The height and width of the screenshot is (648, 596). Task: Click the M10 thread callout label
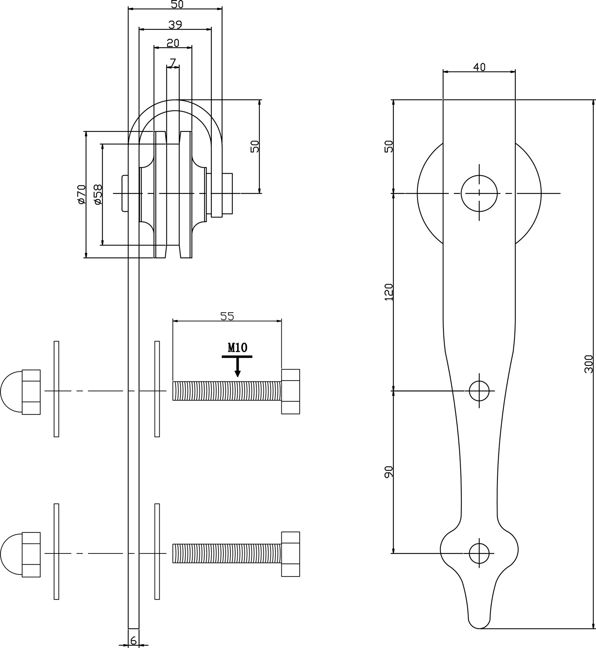coord(238,348)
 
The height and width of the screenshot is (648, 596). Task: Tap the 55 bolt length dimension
coord(227,316)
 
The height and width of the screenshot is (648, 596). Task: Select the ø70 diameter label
coord(81,194)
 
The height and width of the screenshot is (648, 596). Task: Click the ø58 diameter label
coord(97,194)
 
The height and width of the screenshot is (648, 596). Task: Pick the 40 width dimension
coord(479,67)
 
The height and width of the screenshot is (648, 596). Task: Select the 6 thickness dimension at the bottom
coord(134,640)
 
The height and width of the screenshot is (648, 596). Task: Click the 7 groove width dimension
coord(172,62)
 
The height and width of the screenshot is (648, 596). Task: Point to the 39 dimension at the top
coord(175,25)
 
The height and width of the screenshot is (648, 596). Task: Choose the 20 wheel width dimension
coord(173,43)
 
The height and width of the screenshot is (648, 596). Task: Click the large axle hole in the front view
coord(479,193)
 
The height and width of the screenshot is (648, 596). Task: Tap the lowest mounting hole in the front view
coord(479,553)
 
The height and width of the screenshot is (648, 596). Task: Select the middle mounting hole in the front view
coord(479,391)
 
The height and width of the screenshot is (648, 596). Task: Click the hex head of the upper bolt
coord(290,391)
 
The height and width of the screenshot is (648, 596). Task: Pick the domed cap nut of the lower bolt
coord(21,554)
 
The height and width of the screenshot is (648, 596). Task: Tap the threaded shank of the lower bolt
coord(227,553)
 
